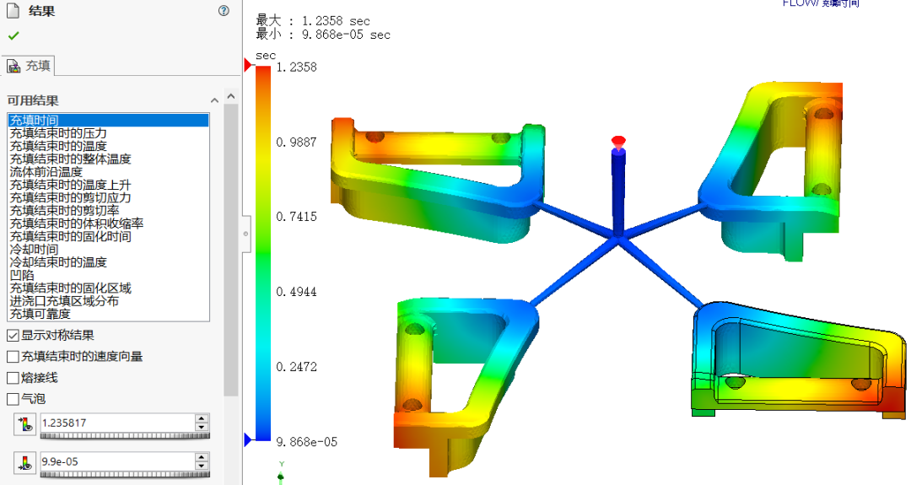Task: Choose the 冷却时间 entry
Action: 34,250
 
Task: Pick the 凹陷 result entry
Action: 22,275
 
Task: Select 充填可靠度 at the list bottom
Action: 40,314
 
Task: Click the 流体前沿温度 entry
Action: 46,172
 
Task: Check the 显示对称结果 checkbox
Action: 13,335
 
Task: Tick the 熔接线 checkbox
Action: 13,378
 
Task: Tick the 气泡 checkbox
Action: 13,399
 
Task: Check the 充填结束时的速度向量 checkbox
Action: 13,357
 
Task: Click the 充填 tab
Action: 30,66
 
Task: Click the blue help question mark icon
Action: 224,11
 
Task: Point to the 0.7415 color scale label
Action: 296,217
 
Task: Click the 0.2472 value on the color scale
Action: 296,367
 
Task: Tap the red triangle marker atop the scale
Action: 248,65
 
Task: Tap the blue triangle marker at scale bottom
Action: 248,439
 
